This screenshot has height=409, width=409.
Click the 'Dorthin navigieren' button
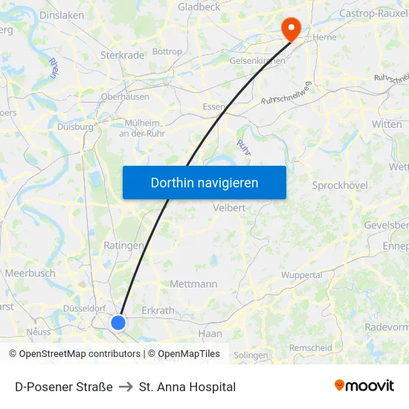pyautogui.click(x=204, y=182)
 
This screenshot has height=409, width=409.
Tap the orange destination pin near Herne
pyautogui.click(x=290, y=28)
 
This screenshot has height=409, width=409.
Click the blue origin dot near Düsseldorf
pyautogui.click(x=118, y=322)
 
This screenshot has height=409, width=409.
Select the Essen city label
pyautogui.click(x=215, y=107)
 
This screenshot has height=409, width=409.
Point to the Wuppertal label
pyautogui.click(x=301, y=275)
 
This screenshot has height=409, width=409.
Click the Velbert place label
pyautogui.click(x=229, y=208)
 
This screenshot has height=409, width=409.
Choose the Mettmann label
pyautogui.click(x=193, y=284)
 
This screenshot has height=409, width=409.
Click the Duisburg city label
pyautogui.click(x=75, y=127)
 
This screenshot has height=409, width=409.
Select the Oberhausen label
pyautogui.click(x=125, y=97)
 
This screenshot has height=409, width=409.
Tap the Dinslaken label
pyautogui.click(x=61, y=14)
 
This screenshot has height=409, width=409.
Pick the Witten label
pyautogui.click(x=387, y=125)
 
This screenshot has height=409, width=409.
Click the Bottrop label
pyautogui.click(x=167, y=52)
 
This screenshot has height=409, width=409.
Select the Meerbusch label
pyautogui.click(x=30, y=273)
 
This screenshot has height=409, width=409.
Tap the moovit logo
pyautogui.click(x=364, y=386)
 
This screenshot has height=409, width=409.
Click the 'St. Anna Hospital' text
pyautogui.click(x=187, y=387)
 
